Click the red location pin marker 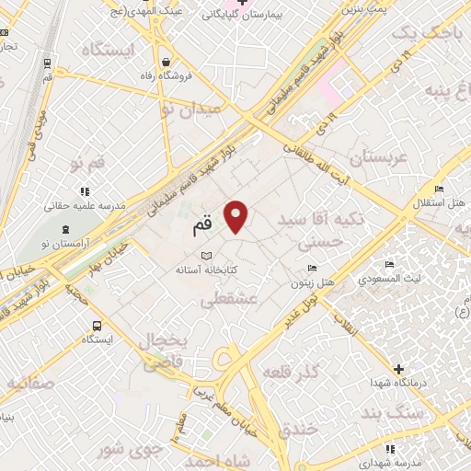236,216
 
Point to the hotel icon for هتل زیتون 313,268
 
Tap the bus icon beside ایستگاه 98,326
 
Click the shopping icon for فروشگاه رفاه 165,62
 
